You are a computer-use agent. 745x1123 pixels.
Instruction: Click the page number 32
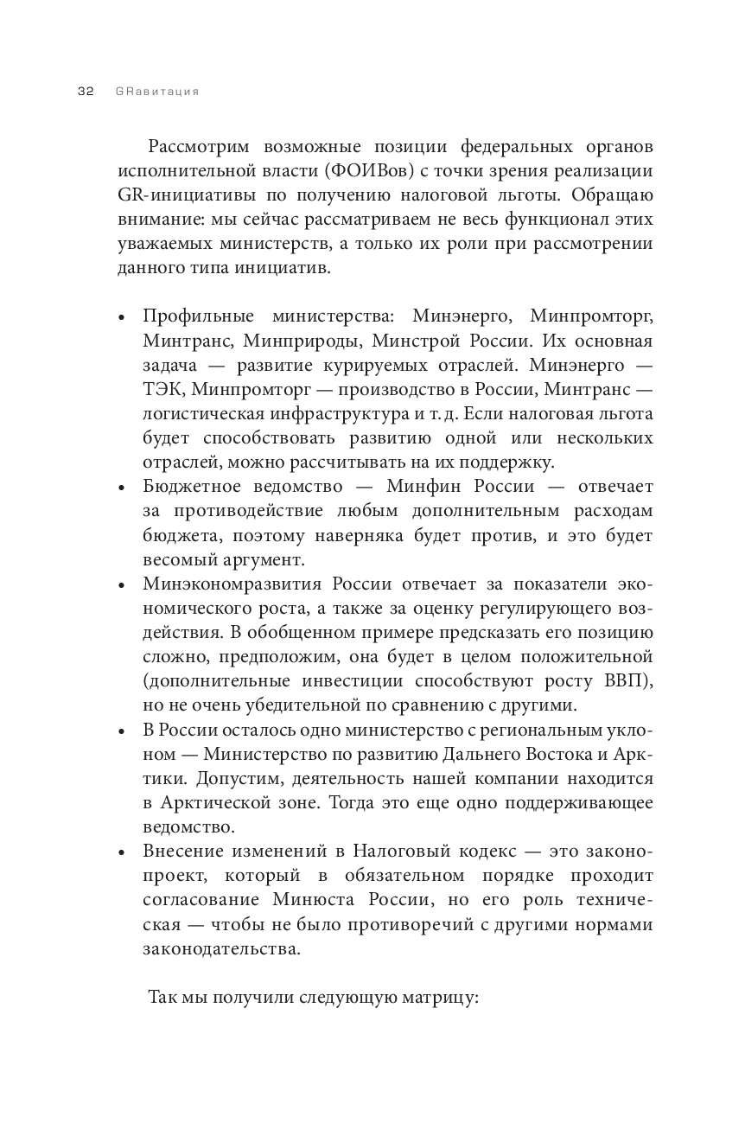86,92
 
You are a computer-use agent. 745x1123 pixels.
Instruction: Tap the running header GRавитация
156,92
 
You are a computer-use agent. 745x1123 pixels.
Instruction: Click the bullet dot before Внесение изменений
123,852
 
